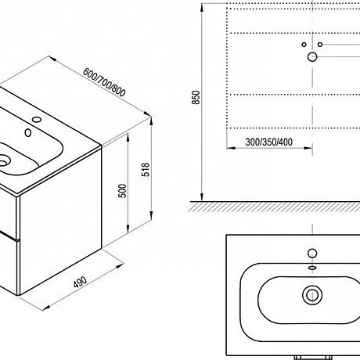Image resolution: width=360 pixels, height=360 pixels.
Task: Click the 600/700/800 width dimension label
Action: point(104,82)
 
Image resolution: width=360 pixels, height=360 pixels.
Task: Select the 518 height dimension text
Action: point(146,169)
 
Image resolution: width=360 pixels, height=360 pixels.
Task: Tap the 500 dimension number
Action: point(122,191)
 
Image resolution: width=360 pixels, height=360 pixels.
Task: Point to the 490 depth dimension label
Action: point(80,282)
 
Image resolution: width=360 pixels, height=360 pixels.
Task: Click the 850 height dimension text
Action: point(196,97)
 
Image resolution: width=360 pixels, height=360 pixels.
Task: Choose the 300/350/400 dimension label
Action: point(269,142)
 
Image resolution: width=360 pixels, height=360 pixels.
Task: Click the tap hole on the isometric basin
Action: point(37,120)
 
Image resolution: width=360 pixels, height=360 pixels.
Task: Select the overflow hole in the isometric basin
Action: point(28,133)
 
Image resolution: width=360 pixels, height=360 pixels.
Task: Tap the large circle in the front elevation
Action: point(312,56)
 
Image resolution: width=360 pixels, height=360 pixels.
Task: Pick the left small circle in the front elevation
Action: point(304,45)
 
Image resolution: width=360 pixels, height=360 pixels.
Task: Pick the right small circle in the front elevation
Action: point(320,45)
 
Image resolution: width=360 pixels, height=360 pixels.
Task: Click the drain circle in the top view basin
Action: point(312,295)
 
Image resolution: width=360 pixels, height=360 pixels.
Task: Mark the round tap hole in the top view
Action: point(312,253)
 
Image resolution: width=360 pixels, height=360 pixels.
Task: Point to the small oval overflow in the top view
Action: point(312,268)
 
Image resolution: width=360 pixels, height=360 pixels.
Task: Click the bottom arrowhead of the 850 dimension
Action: point(202,197)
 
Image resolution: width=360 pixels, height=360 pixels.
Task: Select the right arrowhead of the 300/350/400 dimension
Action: point(308,148)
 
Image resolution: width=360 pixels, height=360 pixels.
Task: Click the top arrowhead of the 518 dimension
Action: point(151,122)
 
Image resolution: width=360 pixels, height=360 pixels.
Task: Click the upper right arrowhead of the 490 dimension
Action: point(120,266)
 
